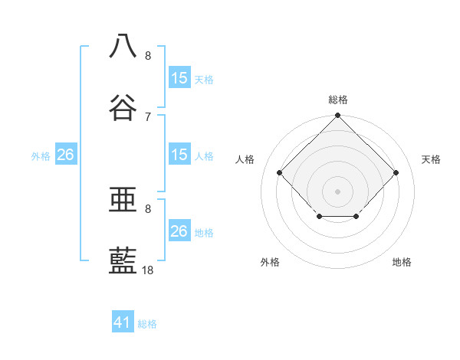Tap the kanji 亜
coord(123,198)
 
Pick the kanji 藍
coord(123,260)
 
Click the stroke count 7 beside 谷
coord(148,117)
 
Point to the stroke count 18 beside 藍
coord(148,270)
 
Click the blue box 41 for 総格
coord(123,322)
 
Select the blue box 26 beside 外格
coord(66,155)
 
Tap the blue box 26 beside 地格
coord(179,231)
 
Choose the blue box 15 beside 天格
coord(179,78)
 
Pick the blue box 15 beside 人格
coord(179,155)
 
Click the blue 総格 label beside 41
coord(147,324)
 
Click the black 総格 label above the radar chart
coord(338,100)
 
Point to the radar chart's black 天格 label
coord(432,159)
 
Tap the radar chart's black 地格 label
coord(402,262)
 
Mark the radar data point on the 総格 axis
coord(337,116)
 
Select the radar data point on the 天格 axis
coord(396,172)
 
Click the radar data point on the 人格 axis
coord(280,172)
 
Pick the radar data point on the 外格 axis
coord(319,217)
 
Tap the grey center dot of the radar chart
coord(337,191)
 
